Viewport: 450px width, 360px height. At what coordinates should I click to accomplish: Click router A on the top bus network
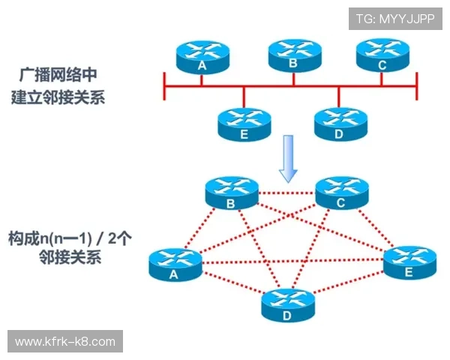pyautogui.click(x=202, y=56)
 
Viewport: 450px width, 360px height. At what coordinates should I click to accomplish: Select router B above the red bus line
pyautogui.click(x=293, y=54)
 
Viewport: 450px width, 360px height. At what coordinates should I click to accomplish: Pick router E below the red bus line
pyautogui.click(x=244, y=124)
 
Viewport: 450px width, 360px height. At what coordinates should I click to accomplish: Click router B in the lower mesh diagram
pyautogui.click(x=231, y=193)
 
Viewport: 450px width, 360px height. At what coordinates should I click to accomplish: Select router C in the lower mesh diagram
pyautogui.click(x=341, y=193)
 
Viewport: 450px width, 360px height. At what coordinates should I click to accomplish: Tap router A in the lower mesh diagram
pyautogui.click(x=175, y=264)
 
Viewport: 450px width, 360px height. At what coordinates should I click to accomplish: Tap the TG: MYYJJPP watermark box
pyautogui.click(x=395, y=17)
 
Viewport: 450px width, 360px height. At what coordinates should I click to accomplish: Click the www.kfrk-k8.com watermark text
pyautogui.click(x=65, y=342)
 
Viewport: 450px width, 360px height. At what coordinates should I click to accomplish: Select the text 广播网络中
pyautogui.click(x=58, y=75)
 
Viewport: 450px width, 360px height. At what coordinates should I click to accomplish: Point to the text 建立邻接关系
pyautogui.click(x=58, y=97)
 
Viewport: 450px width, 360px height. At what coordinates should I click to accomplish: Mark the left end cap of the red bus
pyautogui.click(x=164, y=85)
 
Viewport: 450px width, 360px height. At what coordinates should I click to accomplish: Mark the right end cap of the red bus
pyautogui.click(x=416, y=85)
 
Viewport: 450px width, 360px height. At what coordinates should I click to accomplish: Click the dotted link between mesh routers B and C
pyautogui.click(x=286, y=193)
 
